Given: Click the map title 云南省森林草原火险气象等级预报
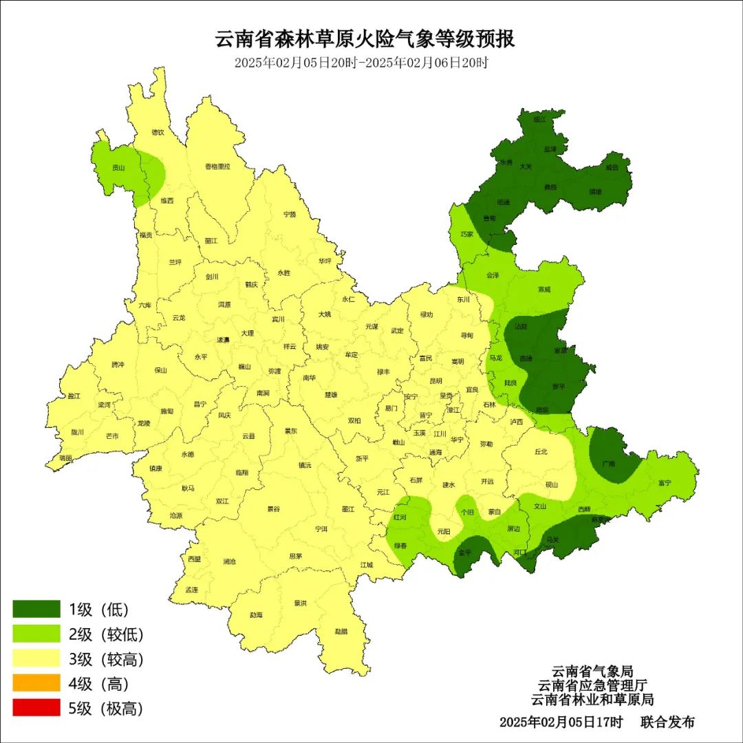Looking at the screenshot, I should tap(365, 39).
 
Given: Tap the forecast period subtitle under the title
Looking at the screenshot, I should tap(361, 63).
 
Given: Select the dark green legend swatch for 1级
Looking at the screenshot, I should tap(36, 609).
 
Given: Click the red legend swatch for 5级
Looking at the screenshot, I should tap(36, 708).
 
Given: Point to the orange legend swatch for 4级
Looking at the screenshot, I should tap(36, 683).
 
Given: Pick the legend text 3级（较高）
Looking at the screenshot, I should tap(106, 659).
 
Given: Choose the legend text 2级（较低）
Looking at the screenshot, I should tap(106, 634).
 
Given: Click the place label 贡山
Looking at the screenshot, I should tap(119, 167).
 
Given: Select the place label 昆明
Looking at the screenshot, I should tap(435, 380).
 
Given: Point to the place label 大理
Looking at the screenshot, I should tap(247, 334).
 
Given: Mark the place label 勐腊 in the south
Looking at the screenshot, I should tap(341, 631).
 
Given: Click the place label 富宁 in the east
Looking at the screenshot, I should tap(664, 483).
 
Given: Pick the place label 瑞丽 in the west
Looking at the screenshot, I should tap(66, 457).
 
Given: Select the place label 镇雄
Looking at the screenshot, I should tap(595, 192).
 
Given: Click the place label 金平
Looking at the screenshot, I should tap(465, 552).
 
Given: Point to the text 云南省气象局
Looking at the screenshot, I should tap(592, 671).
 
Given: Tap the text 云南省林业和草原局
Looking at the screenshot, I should tap(592, 700).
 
